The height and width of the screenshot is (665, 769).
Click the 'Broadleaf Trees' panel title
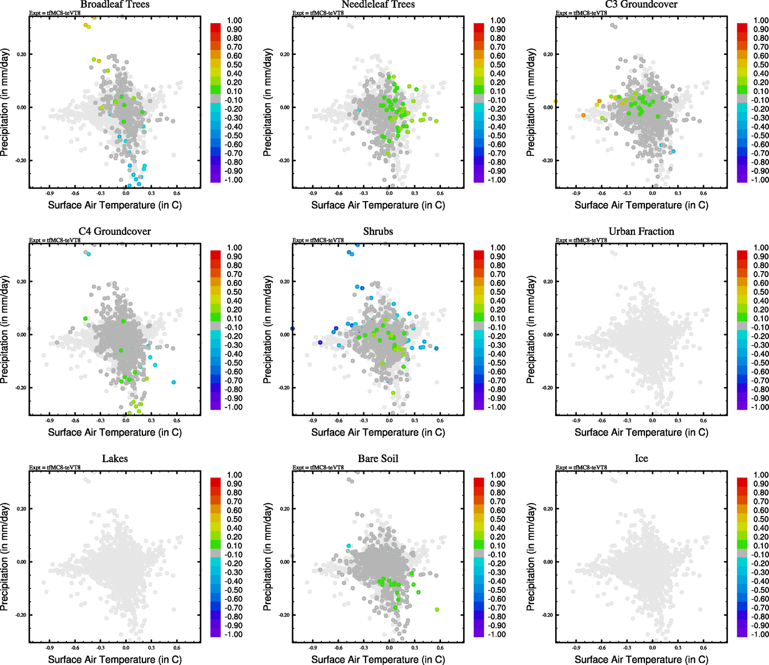point(115,4)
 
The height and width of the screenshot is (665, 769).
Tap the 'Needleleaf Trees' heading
point(378,4)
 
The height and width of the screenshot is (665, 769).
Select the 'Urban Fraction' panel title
point(641,232)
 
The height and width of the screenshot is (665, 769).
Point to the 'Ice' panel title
point(641,459)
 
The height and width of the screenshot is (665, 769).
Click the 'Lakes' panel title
point(115,459)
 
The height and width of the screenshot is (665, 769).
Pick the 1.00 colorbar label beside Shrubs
point(498,248)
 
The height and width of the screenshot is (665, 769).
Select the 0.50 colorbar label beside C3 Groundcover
point(761,65)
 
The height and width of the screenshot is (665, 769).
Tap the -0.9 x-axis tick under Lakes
point(49,647)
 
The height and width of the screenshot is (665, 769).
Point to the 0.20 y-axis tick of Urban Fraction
point(548,282)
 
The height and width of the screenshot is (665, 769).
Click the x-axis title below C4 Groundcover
point(115,432)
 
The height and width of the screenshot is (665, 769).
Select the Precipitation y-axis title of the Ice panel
point(531,557)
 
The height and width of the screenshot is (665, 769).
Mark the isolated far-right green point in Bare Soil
point(437,610)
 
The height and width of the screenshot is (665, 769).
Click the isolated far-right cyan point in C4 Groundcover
point(174,382)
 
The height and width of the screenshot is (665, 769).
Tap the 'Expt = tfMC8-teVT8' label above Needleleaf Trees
point(318,13)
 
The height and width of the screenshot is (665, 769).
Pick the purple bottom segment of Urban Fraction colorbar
point(742,406)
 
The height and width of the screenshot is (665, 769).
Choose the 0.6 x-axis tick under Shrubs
point(440,421)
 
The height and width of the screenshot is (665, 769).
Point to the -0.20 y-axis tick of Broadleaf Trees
point(21,161)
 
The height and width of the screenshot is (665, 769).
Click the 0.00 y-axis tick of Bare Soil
point(285,562)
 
